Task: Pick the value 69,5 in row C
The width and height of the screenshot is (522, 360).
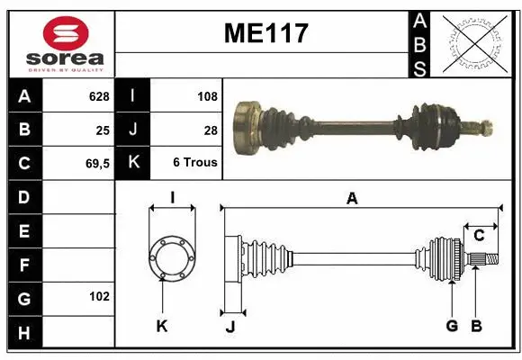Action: pos(96,163)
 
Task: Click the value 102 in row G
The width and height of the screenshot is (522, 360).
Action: pos(98,296)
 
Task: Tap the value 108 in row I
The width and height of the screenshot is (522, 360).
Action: pos(207,96)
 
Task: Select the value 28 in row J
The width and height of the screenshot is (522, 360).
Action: pos(211,130)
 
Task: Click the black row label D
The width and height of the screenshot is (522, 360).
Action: pos(23,196)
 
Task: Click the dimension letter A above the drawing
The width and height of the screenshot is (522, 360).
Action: pos(352,200)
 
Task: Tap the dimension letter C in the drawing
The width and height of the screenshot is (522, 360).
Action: pos(480,236)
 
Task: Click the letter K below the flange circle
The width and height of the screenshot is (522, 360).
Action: pos(162,327)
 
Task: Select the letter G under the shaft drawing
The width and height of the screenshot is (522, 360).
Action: pos(452,326)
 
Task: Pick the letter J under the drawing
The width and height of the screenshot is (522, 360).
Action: pos(230,327)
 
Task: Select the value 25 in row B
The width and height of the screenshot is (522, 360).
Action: pos(103,130)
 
